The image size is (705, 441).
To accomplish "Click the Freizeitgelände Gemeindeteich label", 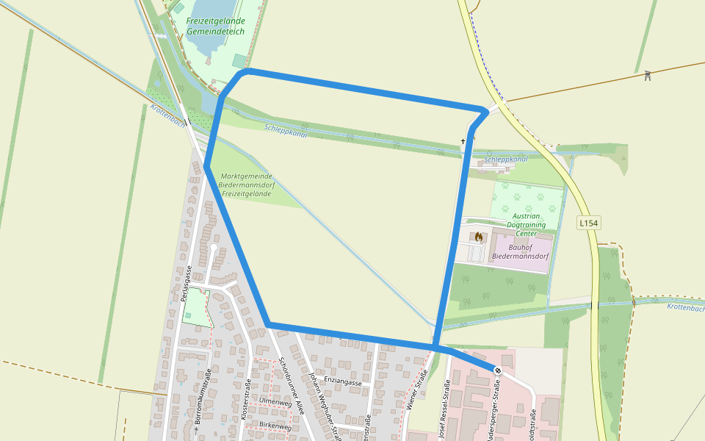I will pos(215,27).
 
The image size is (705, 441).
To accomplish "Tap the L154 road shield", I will pos(589,223).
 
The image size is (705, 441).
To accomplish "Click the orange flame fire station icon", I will pos(478,237).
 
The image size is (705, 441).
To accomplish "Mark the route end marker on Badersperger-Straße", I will pos(497,370).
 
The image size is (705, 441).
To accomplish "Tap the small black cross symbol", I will pos(463,140).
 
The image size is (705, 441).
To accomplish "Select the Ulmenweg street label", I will pos(275,401).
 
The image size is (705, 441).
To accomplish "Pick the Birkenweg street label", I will pos(275,426).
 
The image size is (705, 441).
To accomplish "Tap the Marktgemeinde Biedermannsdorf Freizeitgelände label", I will pos(247,184).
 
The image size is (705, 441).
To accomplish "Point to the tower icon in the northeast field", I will pos(648,75).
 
